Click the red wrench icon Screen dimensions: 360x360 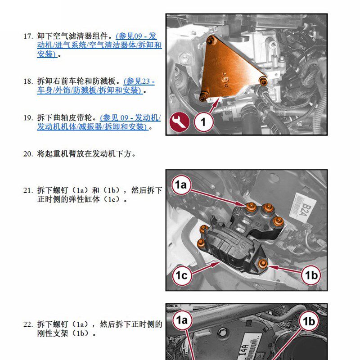click(179, 121)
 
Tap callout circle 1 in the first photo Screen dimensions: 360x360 click(203, 122)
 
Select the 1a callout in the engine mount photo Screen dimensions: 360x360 click(181, 185)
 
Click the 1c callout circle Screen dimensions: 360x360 click(181, 275)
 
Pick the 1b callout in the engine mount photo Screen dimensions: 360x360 click(311, 275)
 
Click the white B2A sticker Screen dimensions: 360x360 click(303, 208)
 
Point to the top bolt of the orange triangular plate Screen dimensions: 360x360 click(210, 41)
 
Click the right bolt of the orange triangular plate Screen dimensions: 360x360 click(263, 81)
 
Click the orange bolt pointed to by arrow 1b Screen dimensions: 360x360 click(263, 263)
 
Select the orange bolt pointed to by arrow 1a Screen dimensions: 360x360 click(251, 208)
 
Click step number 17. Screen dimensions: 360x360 click(28, 36)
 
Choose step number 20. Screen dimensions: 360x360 click(28, 154)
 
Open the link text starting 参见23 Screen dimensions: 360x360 click(139, 81)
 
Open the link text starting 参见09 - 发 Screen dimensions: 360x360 click(136, 36)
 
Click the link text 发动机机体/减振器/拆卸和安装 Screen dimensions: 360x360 click(92, 126)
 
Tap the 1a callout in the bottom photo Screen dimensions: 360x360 click(182, 320)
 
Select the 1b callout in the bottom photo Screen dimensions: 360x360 click(309, 321)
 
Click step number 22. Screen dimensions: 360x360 click(28, 324)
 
